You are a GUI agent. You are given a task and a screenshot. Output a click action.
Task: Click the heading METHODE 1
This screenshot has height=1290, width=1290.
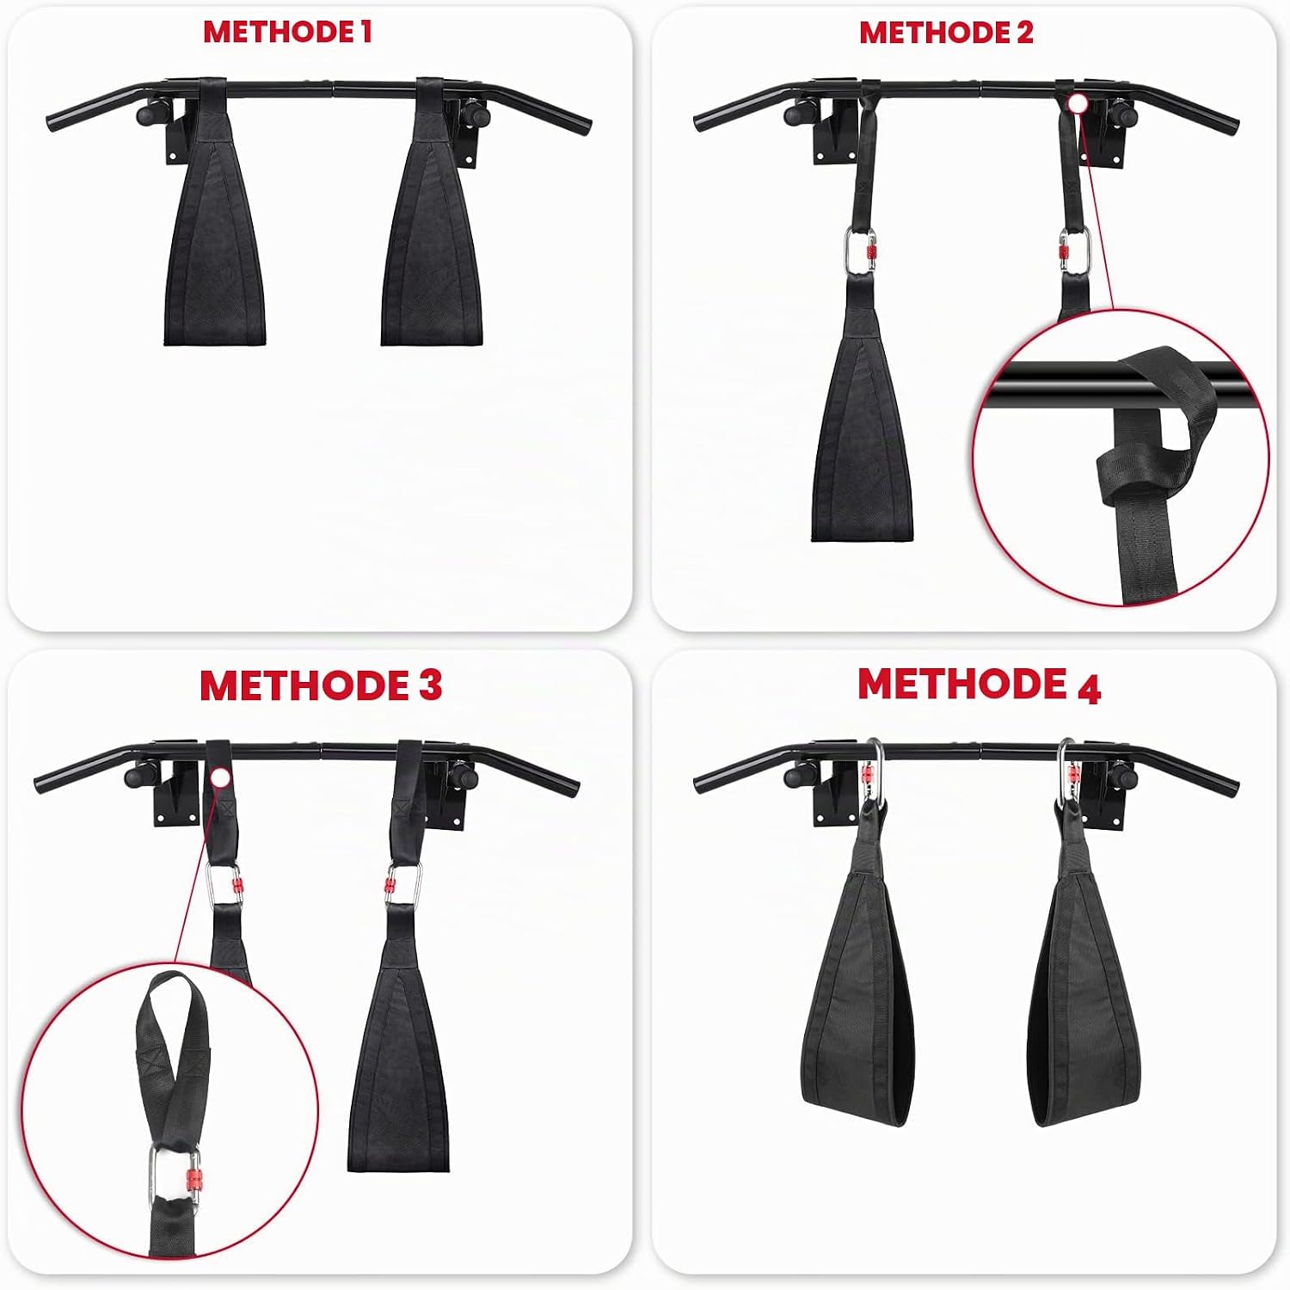[x=287, y=32]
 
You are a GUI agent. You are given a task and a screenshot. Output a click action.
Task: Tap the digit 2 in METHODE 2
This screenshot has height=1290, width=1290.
[x=1023, y=32]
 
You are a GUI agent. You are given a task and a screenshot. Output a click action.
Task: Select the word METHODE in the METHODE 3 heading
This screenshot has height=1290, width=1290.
[x=304, y=685]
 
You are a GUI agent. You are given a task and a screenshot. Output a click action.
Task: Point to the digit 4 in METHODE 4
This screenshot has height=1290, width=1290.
[x=1089, y=688]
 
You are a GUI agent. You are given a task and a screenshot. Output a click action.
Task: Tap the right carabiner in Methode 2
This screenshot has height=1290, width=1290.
[x=1073, y=252]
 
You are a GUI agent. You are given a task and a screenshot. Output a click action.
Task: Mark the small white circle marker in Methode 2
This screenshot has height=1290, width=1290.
[x=1078, y=104]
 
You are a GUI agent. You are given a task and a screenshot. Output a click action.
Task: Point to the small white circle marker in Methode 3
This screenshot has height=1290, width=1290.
[x=220, y=778]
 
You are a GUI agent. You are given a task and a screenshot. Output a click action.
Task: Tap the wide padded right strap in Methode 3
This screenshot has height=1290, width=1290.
[x=399, y=1045]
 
